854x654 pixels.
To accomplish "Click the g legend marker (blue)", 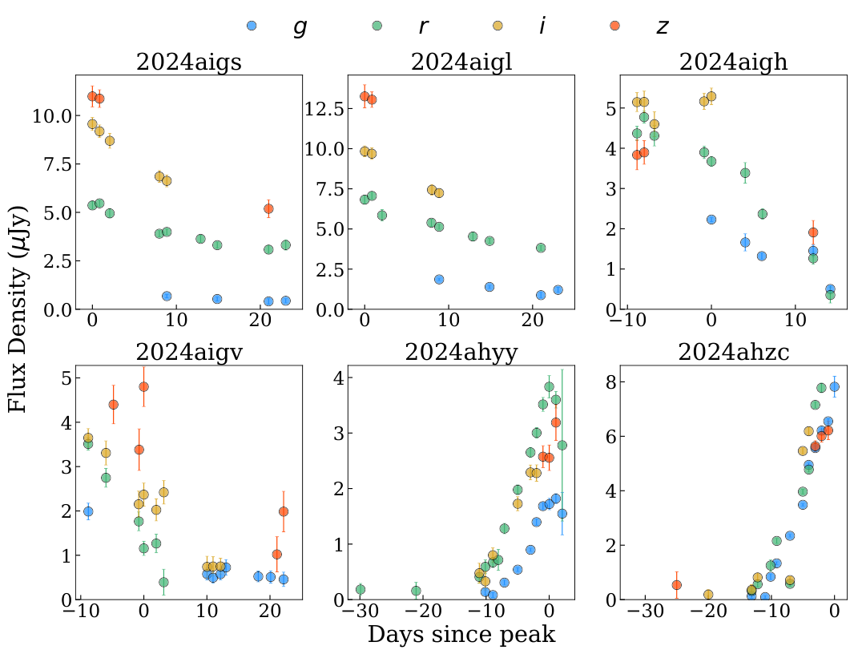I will tap(252, 26).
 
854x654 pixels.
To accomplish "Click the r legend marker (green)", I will tap(377, 26).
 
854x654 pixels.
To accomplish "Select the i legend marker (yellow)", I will tap(497, 26).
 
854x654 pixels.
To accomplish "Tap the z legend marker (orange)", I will tap(614, 26).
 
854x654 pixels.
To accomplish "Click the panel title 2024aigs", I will tap(189, 63).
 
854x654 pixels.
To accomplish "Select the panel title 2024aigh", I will tap(733, 63).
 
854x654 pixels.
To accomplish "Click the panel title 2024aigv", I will tap(189, 353).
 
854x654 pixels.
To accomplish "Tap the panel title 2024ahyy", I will tap(461, 353).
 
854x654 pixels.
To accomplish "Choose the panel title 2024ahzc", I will tap(733, 353).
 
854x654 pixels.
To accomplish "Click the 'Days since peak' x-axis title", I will tap(461, 635).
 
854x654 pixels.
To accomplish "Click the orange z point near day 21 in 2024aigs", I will tap(268, 208).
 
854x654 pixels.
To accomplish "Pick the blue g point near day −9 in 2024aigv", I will tap(88, 511).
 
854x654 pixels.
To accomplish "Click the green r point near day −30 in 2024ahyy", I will tap(361, 589).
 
